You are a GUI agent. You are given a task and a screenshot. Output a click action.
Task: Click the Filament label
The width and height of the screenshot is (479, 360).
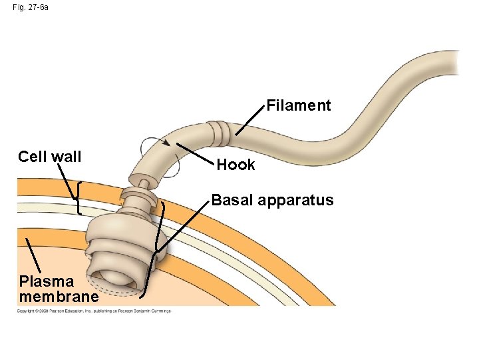coord(299,105)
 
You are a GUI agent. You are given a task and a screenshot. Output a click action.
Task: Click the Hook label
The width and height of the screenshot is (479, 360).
coord(236,165)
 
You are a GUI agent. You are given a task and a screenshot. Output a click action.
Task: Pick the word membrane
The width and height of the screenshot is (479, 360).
coord(59,296)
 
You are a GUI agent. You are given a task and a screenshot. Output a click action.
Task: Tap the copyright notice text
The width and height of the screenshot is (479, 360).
coord(94,311)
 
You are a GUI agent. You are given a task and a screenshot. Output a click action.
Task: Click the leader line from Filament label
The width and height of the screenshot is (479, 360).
coord(249,122)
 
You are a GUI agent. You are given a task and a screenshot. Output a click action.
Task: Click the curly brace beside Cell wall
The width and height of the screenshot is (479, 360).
coord(79,199)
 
